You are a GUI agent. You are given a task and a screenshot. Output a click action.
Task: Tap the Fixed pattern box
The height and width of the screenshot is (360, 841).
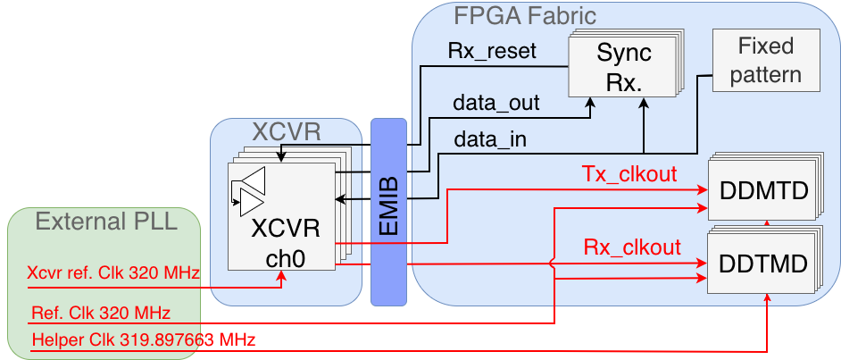pos(765,59)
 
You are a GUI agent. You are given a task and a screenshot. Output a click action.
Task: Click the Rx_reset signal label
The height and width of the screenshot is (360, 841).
pos(492,50)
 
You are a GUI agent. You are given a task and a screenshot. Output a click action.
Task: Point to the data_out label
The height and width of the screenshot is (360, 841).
pos(496,102)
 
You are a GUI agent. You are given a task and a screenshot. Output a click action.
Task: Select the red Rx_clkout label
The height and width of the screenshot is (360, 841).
pos(632,247)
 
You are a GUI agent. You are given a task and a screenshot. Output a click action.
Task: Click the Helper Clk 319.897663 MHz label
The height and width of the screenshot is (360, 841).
pos(143,339)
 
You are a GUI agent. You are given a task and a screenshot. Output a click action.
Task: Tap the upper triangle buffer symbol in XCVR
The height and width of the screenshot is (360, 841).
pos(254,178)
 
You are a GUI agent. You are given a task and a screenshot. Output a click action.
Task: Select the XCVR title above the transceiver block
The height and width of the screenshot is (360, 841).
pos(286,133)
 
